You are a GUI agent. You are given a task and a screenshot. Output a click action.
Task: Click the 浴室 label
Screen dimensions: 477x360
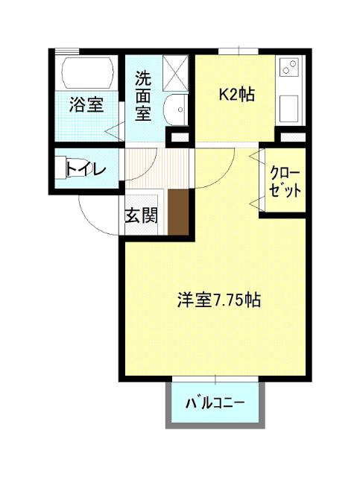[x=86, y=104]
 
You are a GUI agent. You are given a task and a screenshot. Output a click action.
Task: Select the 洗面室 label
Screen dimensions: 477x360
[x=143, y=96]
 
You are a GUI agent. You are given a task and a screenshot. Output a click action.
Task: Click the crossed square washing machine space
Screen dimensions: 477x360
[x=177, y=72]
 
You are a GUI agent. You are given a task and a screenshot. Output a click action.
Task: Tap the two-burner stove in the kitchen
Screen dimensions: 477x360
[x=289, y=70]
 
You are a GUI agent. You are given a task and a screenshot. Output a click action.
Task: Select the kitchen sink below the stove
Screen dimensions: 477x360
[x=290, y=110]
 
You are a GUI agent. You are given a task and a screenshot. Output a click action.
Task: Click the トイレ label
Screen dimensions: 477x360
[x=85, y=168]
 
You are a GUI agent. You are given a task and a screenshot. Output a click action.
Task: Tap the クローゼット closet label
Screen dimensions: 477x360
[x=285, y=181]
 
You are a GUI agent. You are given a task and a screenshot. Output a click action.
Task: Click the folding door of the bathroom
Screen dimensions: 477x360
[x=116, y=130]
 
